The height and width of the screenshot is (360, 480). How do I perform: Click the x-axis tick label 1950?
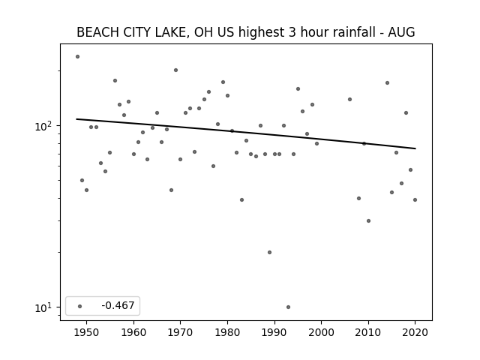[87, 332]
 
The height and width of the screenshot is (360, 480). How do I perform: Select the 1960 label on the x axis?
[133, 332]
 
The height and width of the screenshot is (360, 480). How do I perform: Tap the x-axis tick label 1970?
[181, 332]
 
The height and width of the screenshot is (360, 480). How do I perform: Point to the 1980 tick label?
[227, 332]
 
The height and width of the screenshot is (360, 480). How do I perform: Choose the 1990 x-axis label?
[274, 332]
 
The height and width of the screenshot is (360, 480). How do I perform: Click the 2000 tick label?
[322, 332]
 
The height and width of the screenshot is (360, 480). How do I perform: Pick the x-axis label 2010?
[368, 332]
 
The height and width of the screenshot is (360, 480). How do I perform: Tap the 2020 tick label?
[415, 332]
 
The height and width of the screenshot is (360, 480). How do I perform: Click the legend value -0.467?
[118, 305]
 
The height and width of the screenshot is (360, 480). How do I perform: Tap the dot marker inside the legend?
[80, 306]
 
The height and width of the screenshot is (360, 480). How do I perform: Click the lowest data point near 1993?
[288, 307]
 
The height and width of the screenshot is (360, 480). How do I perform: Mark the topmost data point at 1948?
[77, 57]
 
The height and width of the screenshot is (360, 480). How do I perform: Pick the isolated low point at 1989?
[270, 252]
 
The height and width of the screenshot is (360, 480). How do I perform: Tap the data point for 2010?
[368, 220]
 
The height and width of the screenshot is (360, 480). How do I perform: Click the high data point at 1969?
[175, 70]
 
